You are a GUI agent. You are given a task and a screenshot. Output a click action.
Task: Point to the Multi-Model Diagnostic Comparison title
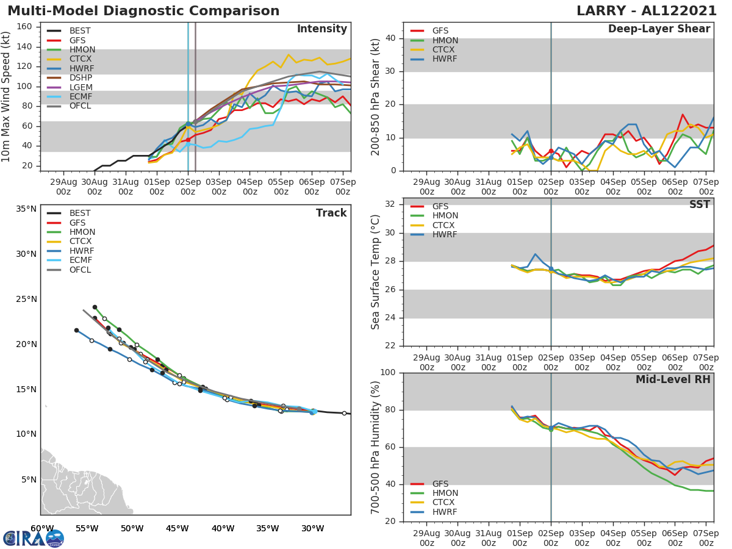pos(143,11)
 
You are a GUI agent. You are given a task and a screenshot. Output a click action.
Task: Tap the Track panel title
pos(331,213)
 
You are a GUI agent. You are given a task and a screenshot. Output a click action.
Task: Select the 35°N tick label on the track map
pos(26,209)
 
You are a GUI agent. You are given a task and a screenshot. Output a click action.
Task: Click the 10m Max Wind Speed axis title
pos(7,98)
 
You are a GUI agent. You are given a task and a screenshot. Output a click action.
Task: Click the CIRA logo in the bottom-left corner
pos(34,538)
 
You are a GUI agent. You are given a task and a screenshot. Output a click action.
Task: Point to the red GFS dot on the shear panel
pos(551,151)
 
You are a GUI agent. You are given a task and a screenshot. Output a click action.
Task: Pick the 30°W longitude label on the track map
pos(312,528)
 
